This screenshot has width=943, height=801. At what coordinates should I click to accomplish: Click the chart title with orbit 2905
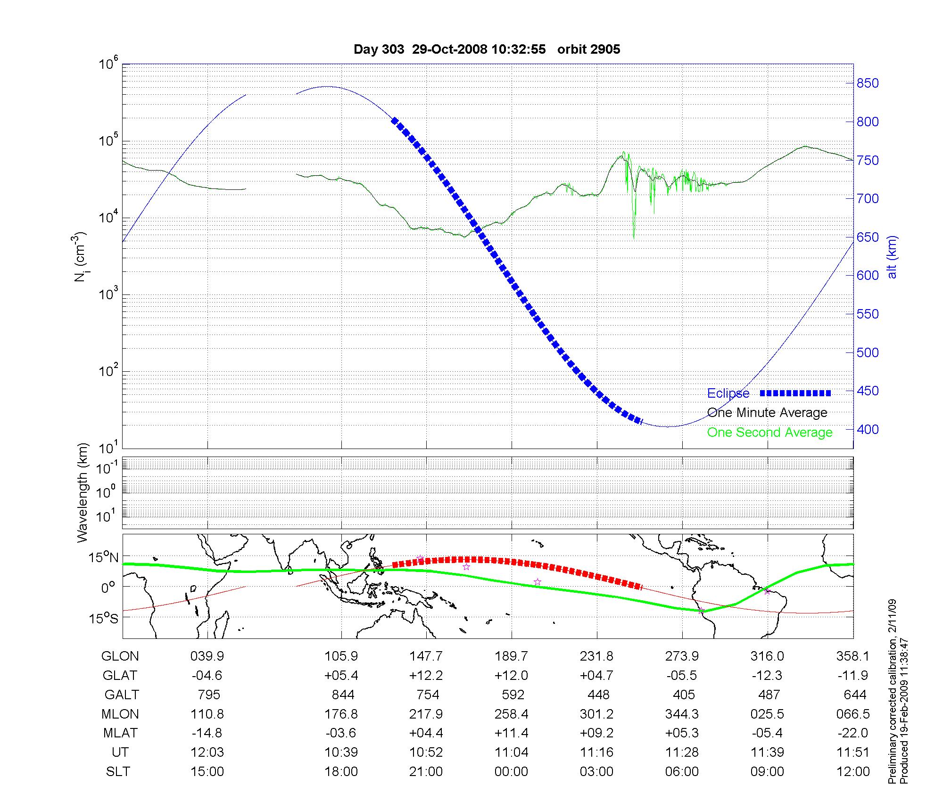point(487,49)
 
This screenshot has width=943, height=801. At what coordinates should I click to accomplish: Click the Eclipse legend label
point(728,393)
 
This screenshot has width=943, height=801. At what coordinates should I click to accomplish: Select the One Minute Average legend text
point(767,413)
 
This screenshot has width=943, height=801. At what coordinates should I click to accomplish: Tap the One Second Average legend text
point(769,433)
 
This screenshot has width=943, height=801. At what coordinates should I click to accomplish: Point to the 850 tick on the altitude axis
point(868,83)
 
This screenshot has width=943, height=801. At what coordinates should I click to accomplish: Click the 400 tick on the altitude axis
point(868,429)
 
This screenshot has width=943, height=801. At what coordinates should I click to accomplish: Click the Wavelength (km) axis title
point(83,493)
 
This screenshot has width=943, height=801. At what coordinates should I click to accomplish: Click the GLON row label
point(120,656)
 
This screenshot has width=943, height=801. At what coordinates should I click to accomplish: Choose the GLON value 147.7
point(426,656)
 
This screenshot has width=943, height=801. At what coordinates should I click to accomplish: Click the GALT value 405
point(684,695)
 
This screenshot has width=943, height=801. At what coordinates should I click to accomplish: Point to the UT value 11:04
point(512,752)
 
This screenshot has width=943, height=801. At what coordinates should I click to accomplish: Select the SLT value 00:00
point(512,772)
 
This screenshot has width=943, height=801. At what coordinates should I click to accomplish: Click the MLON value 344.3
point(682,714)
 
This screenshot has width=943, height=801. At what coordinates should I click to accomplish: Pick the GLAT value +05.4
point(341,676)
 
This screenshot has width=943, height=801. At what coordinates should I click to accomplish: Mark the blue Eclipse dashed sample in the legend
point(795,393)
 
